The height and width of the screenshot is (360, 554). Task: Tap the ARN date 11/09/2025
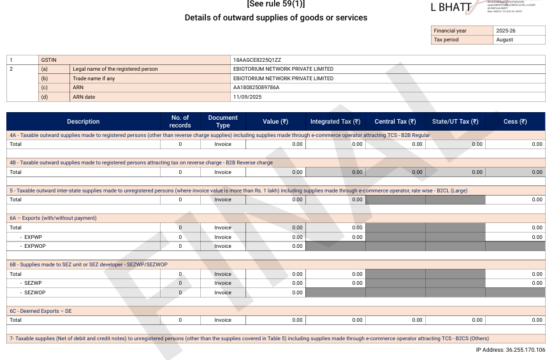(x=247, y=97)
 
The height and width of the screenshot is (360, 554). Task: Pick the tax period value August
(x=504, y=40)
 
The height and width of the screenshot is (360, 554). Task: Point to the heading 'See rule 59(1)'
(x=275, y=4)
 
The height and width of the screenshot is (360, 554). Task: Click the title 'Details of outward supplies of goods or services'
(x=275, y=18)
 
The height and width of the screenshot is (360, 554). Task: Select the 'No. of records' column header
(x=180, y=121)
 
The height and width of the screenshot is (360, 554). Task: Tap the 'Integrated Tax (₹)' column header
(x=335, y=122)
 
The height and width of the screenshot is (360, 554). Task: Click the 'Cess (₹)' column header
(x=515, y=122)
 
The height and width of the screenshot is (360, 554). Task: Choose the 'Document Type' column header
(x=222, y=121)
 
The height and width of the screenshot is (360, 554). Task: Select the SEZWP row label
(x=33, y=283)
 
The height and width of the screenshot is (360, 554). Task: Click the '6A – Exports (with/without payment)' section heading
(x=53, y=218)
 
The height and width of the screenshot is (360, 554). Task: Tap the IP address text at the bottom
(x=510, y=350)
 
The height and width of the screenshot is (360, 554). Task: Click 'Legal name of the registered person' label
(x=115, y=69)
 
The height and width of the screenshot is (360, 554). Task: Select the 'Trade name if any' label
(x=94, y=78)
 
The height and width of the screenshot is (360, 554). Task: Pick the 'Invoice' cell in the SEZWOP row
(x=222, y=292)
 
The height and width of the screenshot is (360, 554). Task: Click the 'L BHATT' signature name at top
(x=451, y=8)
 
